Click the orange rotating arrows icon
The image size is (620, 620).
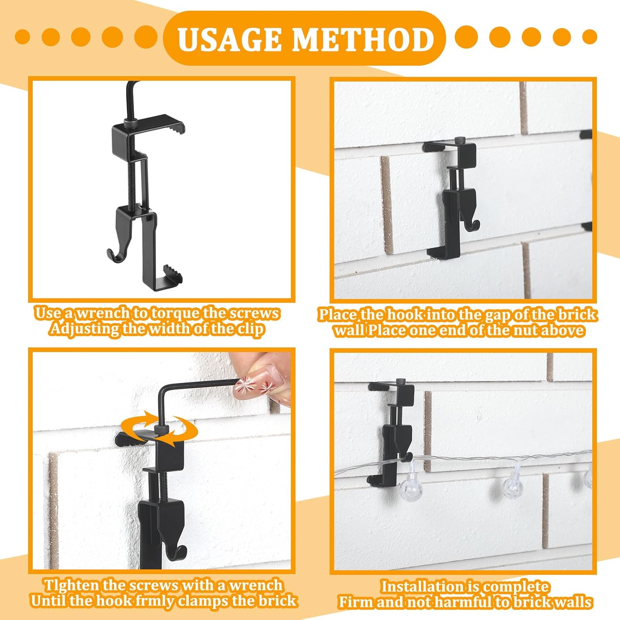point(159,431)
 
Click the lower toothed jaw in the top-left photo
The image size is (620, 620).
point(174,274)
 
